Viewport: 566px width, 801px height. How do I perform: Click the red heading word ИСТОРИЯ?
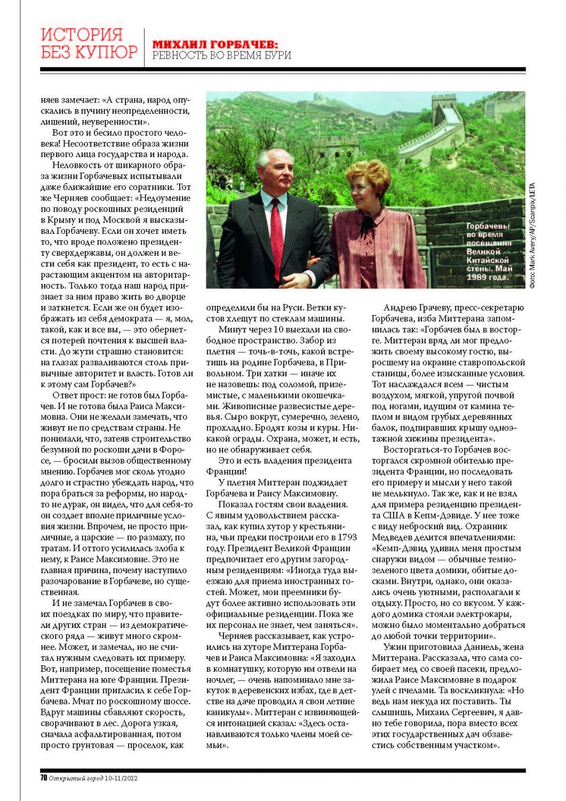(82, 35)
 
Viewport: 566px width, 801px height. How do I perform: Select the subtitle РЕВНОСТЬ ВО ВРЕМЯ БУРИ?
(221, 56)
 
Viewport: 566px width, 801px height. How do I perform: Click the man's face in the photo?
(277, 171)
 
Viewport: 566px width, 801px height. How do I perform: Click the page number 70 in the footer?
(44, 778)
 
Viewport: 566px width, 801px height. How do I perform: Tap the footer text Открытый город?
(75, 778)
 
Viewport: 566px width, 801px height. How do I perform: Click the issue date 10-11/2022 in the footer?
(121, 778)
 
